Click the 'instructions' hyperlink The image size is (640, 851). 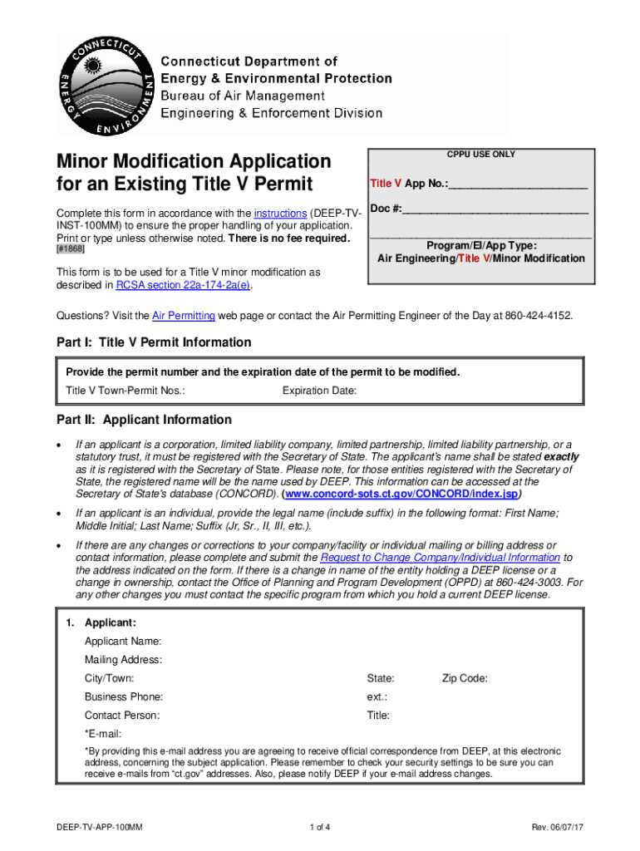point(280,213)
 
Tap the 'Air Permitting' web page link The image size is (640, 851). point(184,316)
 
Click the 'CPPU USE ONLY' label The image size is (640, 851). point(480,155)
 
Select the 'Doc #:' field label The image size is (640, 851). point(386,208)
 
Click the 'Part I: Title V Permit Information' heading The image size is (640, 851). point(154,342)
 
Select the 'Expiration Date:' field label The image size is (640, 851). point(319,391)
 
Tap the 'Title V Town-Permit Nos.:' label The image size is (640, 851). point(126,391)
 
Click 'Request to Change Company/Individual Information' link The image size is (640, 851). point(440,558)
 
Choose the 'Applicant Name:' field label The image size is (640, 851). point(123,642)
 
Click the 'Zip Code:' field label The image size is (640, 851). point(465,678)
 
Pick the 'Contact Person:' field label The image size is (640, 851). point(122,715)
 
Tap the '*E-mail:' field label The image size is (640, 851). point(103,733)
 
